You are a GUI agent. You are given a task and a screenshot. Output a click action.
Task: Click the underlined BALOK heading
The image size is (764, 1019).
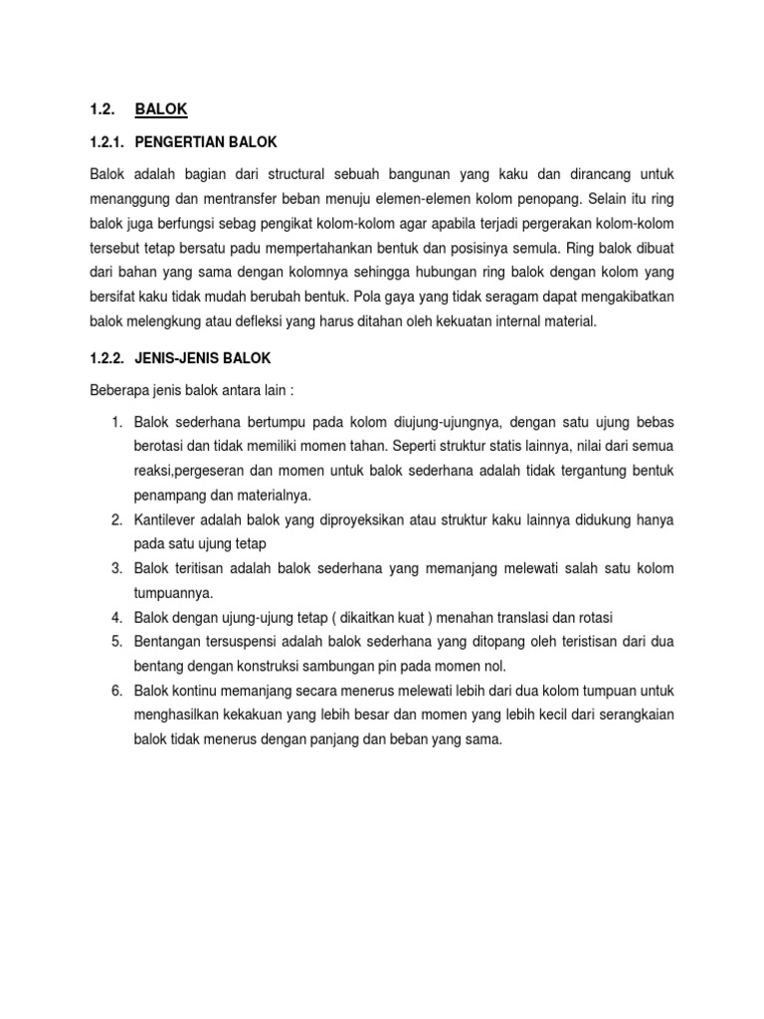[160, 108]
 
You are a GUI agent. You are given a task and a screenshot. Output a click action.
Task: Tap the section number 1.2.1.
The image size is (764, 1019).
[108, 141]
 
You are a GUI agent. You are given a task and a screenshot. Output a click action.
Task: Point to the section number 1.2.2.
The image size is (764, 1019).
[108, 357]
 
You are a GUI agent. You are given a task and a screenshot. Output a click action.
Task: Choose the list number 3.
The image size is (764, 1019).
[115, 568]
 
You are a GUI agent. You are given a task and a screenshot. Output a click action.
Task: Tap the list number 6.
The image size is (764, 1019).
[115, 690]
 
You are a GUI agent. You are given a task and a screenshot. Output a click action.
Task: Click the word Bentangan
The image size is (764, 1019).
[167, 642]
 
